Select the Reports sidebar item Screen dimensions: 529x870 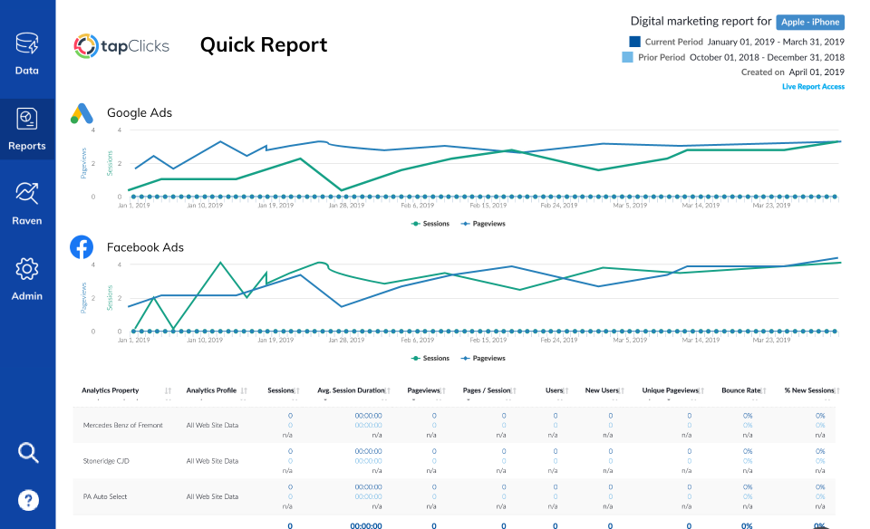coord(27,129)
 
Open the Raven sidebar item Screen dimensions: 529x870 coord(27,204)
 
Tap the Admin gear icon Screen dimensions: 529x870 coord(27,269)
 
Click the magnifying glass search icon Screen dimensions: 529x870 coord(27,453)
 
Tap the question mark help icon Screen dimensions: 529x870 coord(27,499)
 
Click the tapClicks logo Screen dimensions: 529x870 coord(121,45)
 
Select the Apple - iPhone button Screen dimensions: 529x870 coord(810,22)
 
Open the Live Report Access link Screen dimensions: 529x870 coord(813,87)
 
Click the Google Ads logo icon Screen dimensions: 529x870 coord(82,113)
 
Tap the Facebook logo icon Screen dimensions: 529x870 coord(82,246)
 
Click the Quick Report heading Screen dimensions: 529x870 coord(264,45)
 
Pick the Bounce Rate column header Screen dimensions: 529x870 coord(740,390)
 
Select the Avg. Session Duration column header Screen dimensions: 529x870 coord(352,390)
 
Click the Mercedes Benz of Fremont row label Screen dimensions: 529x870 coord(123,425)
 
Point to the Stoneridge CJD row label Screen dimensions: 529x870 coord(108,460)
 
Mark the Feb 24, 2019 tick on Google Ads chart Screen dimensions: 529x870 coord(559,205)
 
